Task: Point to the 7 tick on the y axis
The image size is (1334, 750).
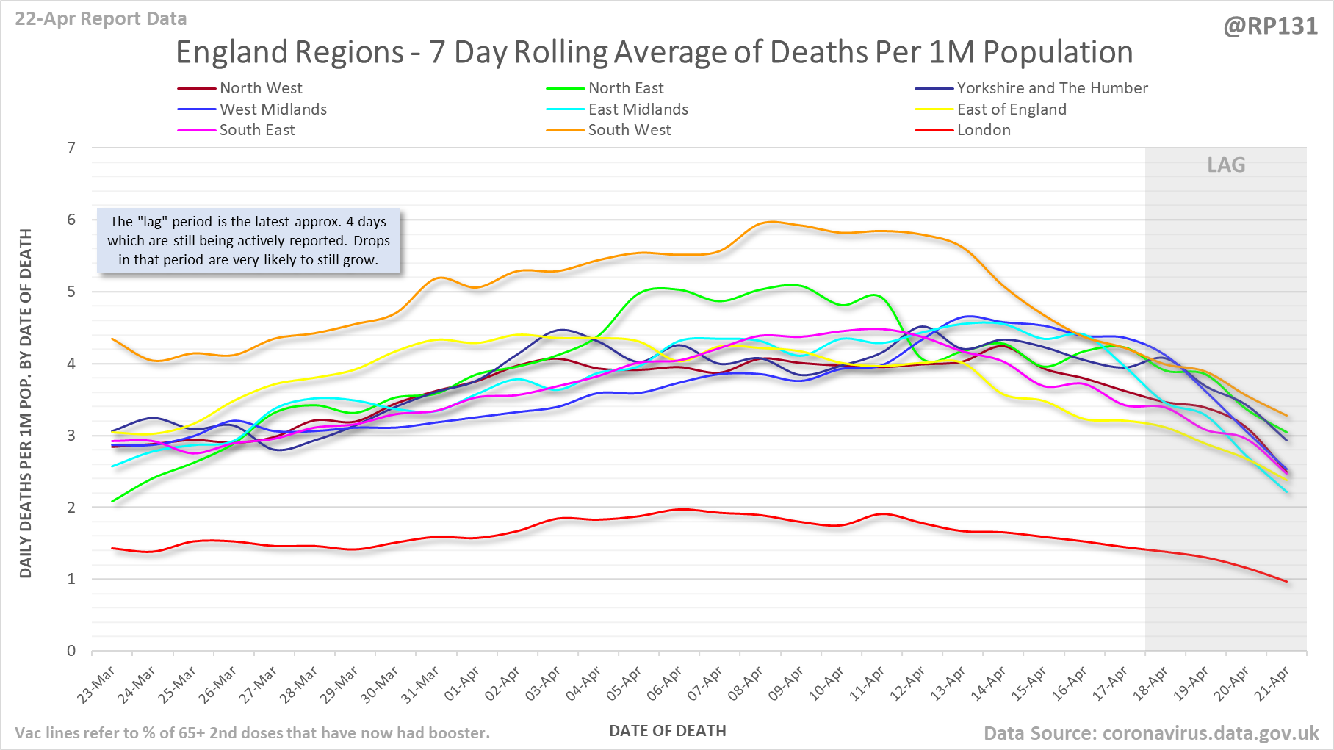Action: coord(71,148)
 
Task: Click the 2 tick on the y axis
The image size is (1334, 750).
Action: coord(71,508)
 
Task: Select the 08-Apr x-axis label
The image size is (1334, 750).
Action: coord(746,684)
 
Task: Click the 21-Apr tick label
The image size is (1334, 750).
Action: coord(1273,684)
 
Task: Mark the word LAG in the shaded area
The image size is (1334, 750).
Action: coord(1226,165)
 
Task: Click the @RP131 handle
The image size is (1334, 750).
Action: coord(1270,26)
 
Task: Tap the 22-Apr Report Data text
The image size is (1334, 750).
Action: coord(101,19)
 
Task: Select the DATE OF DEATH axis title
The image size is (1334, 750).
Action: coord(667,731)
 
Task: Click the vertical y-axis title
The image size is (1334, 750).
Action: coord(26,403)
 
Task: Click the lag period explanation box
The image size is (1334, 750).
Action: coord(248,240)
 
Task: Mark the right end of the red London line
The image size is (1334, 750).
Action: coord(1286,582)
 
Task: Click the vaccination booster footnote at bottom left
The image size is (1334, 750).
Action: coord(252,733)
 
